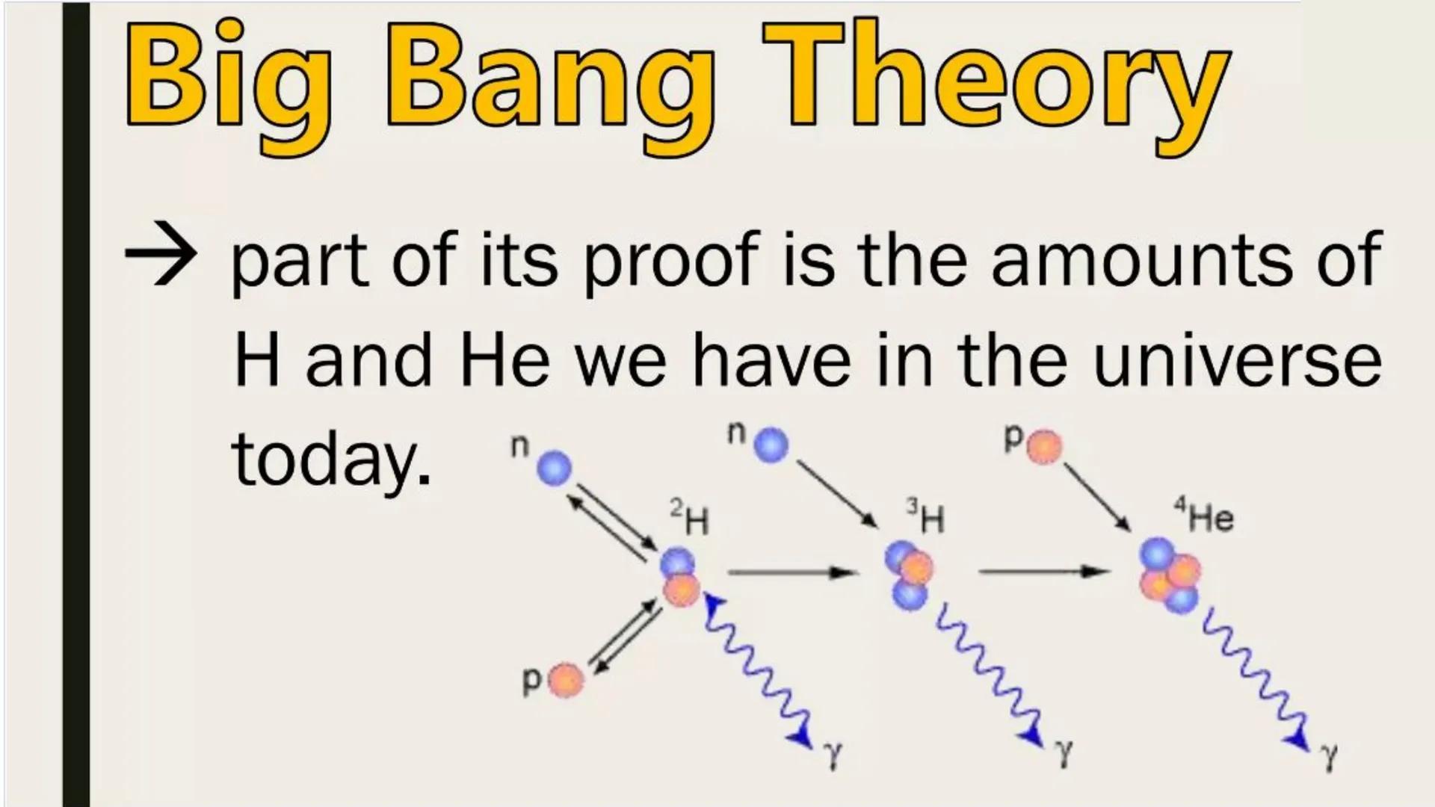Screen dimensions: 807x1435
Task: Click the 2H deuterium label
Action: (x=688, y=519)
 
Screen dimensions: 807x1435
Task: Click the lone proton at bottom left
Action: (x=567, y=680)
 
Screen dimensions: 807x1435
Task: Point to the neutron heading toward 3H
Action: (x=771, y=446)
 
